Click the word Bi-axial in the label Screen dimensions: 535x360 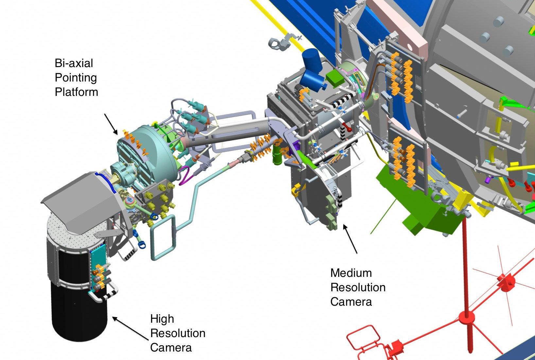[74, 63]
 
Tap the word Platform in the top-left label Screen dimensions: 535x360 [77, 92]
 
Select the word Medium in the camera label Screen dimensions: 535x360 [351, 273]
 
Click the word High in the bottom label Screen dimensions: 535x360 [162, 319]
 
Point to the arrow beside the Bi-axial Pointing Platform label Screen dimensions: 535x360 [111, 124]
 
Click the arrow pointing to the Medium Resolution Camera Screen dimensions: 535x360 [350, 239]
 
